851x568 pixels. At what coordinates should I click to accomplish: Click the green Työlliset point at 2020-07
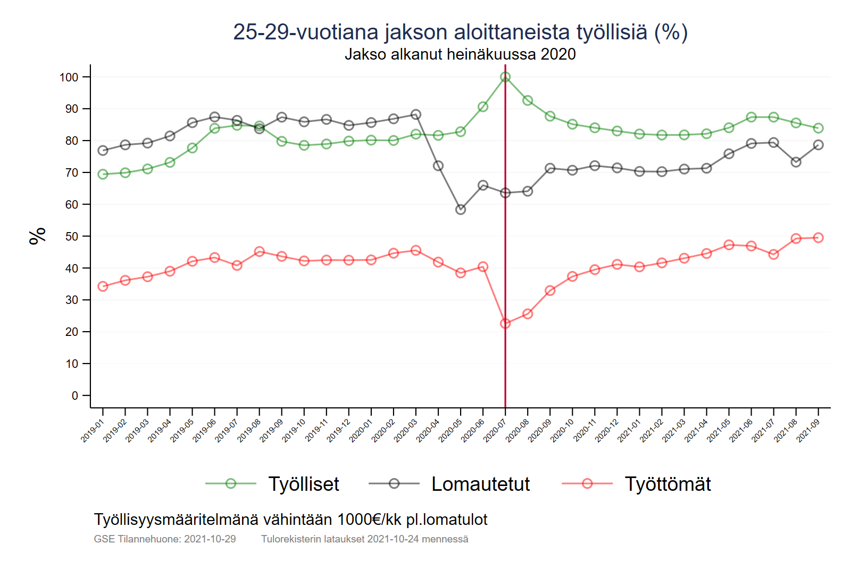coord(505,77)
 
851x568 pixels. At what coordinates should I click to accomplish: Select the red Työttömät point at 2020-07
coord(505,324)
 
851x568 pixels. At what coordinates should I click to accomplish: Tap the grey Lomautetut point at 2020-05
coord(461,210)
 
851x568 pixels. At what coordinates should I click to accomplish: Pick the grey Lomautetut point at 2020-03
coord(416,114)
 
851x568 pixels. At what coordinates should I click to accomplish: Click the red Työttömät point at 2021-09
coord(818,237)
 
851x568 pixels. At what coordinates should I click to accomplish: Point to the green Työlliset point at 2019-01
coord(103,175)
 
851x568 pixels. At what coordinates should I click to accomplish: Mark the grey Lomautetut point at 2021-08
coord(796,162)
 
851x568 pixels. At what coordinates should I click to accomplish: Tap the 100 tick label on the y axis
coord(69,77)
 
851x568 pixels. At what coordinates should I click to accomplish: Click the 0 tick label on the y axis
coord(75,396)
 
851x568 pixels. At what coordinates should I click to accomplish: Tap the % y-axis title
coord(38,236)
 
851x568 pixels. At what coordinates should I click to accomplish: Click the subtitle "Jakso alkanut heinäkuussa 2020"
coord(460,54)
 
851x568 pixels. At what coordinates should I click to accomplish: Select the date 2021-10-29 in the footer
coord(210,539)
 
